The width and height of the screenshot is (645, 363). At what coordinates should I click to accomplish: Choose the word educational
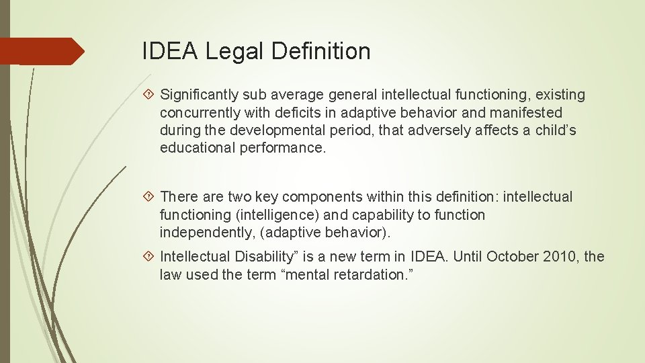(x=198, y=147)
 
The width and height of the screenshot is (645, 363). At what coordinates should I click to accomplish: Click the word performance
(x=282, y=147)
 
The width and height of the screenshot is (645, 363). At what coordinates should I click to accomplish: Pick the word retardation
(x=378, y=274)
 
